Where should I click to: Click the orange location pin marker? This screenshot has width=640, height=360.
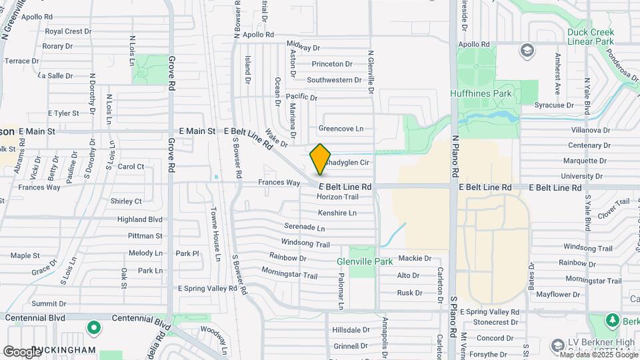click(x=320, y=159)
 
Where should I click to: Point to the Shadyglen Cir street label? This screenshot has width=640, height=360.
click(x=346, y=162)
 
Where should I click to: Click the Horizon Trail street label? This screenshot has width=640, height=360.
click(x=337, y=197)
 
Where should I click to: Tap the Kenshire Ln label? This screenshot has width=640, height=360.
click(x=337, y=213)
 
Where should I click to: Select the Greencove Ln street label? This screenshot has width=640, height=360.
click(x=341, y=129)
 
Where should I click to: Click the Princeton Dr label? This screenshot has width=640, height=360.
click(x=332, y=64)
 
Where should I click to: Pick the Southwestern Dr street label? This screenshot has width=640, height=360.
click(x=334, y=80)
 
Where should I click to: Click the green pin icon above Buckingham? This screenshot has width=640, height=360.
click(x=94, y=328)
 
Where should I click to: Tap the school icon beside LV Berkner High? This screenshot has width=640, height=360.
click(x=558, y=345)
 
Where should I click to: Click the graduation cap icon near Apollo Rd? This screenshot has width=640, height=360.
click(x=527, y=51)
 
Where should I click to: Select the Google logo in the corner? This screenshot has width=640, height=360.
click(x=21, y=351)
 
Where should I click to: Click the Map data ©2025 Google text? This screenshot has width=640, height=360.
click(x=599, y=355)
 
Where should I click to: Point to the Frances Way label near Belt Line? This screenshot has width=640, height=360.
click(x=279, y=183)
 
